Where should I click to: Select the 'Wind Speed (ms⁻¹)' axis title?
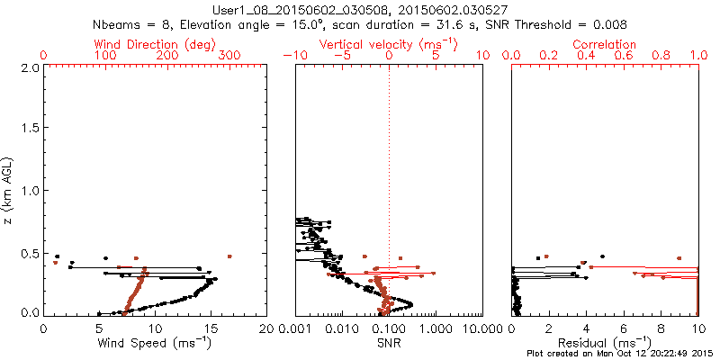pos(156,342)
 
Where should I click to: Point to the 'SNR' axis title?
pos(389,342)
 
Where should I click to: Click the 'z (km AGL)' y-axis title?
pos(10,191)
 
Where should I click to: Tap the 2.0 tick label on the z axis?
pos(28,67)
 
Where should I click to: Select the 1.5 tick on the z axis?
pos(28,130)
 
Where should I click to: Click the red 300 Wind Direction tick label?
pos(229,56)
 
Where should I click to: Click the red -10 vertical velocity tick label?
pos(293,56)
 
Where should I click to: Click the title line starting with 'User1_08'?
pos(359,10)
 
